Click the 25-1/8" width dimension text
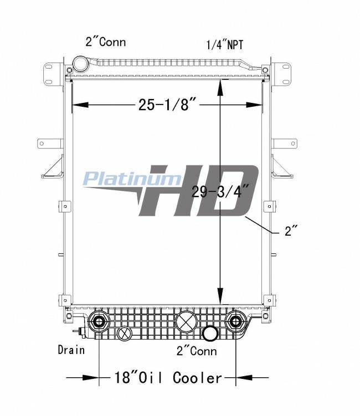pos(167,104)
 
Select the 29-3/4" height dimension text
pos(220,191)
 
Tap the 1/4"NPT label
pos(224,45)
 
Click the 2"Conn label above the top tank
pos(105,42)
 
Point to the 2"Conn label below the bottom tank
pos(197,351)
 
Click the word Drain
pos(71,350)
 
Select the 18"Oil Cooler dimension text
pos(168,377)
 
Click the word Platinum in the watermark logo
pos(132,178)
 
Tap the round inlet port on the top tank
pos(81,64)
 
